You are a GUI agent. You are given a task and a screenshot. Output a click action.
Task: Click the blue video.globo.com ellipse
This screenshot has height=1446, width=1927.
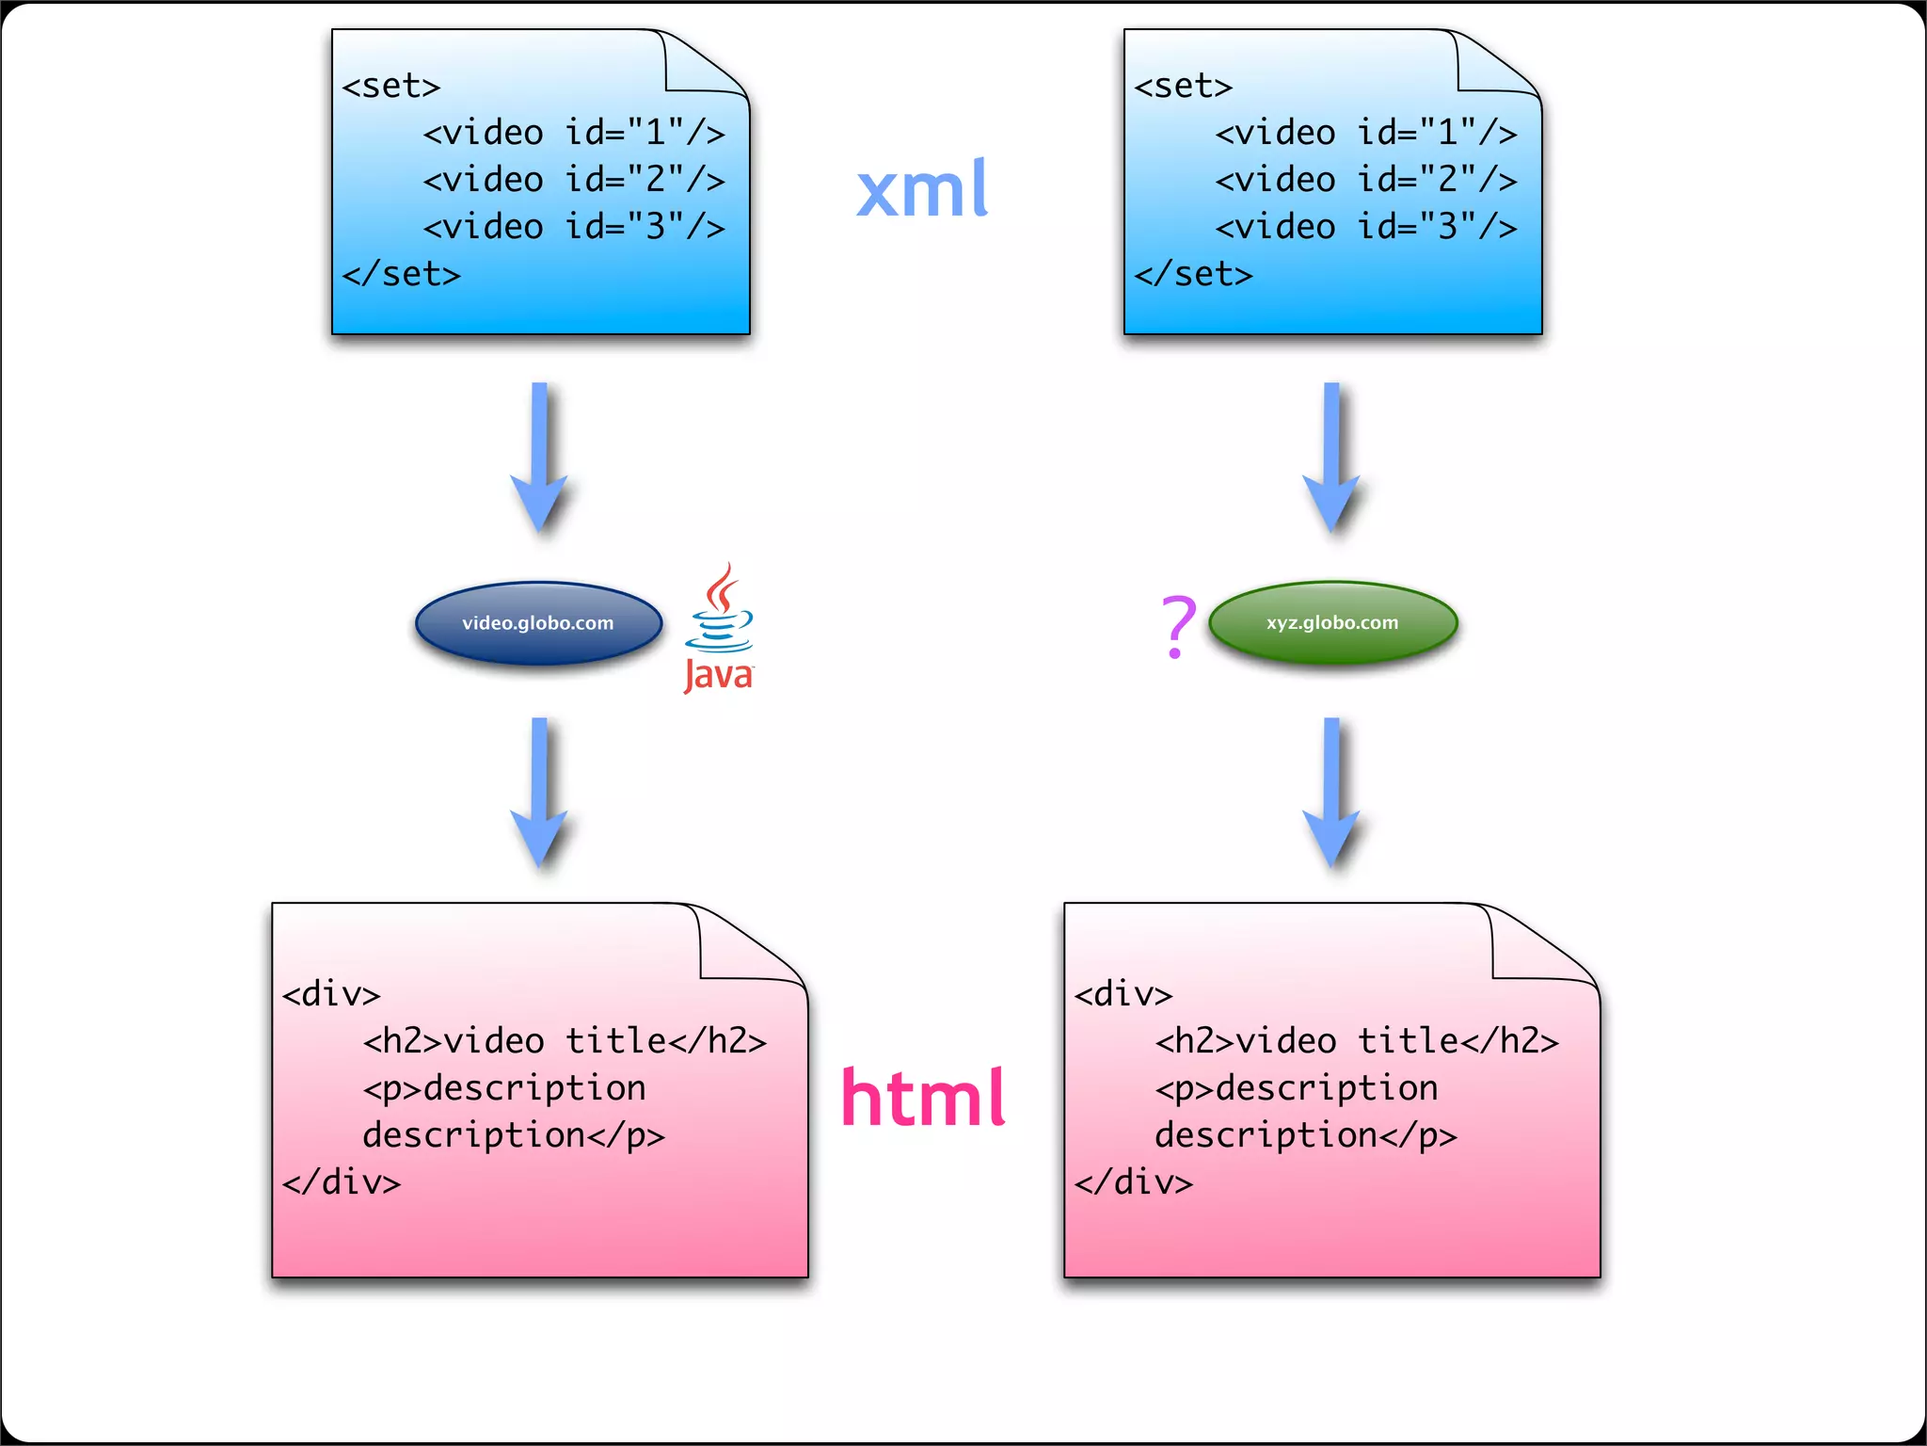[x=538, y=623]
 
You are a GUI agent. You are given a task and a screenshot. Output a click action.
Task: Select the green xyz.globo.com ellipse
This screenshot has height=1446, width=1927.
[x=1332, y=622]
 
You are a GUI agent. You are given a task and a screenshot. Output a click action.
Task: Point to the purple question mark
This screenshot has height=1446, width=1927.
[x=1178, y=625]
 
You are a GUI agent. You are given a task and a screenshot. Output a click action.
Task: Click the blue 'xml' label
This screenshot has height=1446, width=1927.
[x=922, y=189]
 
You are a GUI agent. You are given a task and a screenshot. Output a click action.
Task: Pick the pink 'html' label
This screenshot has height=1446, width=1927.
[x=923, y=1098]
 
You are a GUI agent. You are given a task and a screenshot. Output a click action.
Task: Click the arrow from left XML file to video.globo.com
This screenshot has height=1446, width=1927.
[x=539, y=458]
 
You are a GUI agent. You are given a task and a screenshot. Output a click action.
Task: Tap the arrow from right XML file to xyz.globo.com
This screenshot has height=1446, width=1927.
[x=1331, y=458]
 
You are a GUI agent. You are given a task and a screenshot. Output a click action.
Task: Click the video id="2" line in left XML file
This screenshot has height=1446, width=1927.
[x=574, y=180]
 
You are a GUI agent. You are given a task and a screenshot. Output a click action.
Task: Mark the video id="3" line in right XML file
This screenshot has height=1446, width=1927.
[x=1366, y=227]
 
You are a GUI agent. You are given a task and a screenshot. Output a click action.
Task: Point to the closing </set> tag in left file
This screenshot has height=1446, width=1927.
[x=402, y=274]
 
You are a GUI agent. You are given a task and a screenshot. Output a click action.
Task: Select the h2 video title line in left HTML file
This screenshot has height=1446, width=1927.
[x=565, y=1041]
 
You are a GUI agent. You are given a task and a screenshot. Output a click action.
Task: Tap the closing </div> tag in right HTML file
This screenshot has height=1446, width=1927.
[x=1134, y=1182]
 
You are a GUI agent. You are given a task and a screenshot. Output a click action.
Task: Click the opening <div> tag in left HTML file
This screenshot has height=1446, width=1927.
[x=331, y=994]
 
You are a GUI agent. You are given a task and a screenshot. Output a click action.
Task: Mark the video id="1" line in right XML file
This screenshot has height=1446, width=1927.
[x=1366, y=133]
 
